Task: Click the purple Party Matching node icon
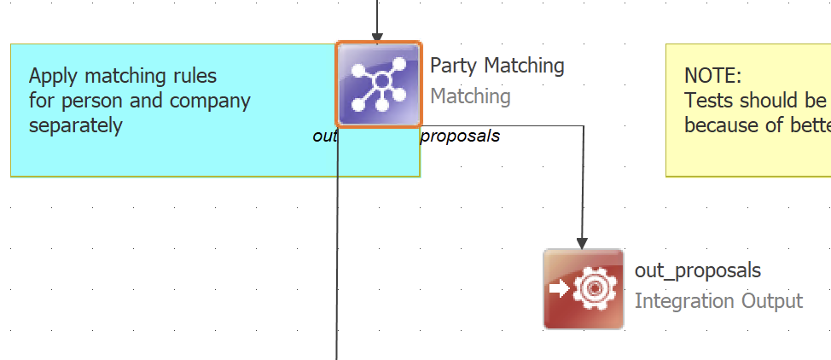pos(379,84)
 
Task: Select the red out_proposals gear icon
pos(584,289)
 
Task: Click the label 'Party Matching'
pos(497,66)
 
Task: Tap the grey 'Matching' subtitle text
pos(470,96)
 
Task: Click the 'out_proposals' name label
pos(697,270)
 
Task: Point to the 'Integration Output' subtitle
pos(718,301)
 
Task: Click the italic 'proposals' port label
pos(460,136)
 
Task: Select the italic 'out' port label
pos(324,136)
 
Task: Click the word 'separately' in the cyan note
pos(75,125)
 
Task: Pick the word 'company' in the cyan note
pos(209,101)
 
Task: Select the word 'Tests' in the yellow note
pos(709,101)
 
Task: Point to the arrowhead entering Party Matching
pos(377,36)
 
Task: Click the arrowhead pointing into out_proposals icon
pos(583,242)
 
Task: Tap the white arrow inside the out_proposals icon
pos(559,289)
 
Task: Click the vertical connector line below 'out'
pos(338,256)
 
